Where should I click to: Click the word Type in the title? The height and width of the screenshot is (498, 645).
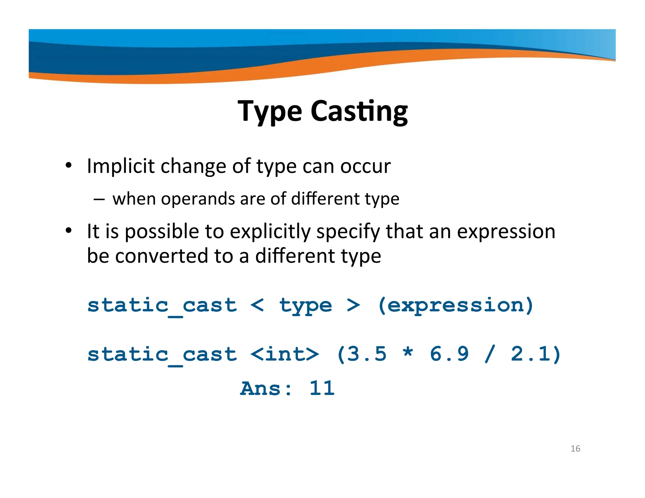(270, 111)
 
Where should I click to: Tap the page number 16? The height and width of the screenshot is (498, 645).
(575, 449)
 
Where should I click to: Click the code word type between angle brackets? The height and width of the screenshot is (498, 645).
(305, 305)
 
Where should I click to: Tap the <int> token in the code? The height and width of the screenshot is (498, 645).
(285, 354)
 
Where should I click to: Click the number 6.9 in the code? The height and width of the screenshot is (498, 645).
(449, 354)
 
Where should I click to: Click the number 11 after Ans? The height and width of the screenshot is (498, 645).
(322, 388)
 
